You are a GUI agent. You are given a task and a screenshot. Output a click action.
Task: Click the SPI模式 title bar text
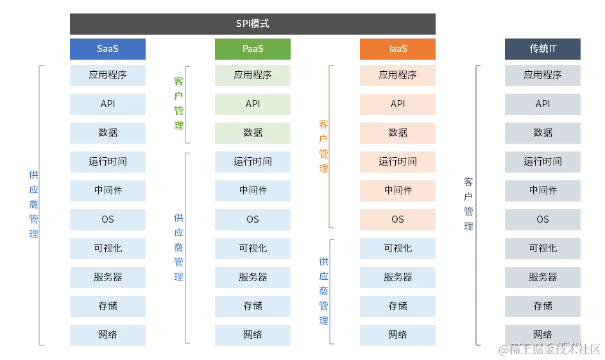[x=252, y=24]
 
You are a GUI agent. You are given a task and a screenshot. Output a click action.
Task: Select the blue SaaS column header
[x=108, y=49]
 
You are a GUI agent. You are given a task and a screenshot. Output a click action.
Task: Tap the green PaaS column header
[x=252, y=49]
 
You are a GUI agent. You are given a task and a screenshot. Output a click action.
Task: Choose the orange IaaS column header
[x=397, y=49]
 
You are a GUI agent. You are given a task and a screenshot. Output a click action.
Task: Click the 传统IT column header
[x=543, y=49]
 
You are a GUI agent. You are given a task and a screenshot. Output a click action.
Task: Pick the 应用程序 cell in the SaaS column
[x=108, y=75]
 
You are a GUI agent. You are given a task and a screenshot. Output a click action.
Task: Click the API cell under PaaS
[x=252, y=104]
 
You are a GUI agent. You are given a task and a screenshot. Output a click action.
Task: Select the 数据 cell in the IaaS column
[x=397, y=132]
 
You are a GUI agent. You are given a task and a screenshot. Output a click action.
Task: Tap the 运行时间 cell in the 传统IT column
[x=543, y=162]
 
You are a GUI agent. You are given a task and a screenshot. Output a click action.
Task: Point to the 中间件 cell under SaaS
[x=108, y=191]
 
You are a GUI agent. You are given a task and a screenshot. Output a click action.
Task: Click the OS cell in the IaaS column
[x=397, y=219]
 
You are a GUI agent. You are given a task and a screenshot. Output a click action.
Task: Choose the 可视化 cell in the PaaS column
[x=252, y=248]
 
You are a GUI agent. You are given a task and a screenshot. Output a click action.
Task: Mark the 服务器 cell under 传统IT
[x=543, y=277]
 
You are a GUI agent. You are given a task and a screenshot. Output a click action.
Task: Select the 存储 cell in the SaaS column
[x=108, y=305]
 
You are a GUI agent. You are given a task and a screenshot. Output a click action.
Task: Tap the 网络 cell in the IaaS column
[x=397, y=335]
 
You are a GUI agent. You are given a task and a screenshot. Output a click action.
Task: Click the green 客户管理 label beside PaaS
[x=179, y=103]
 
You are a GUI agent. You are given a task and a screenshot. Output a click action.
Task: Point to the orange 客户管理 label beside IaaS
[x=324, y=146]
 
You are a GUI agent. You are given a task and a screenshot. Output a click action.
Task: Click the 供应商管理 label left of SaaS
[x=33, y=205]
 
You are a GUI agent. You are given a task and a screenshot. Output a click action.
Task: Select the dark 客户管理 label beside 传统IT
[x=469, y=204]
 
